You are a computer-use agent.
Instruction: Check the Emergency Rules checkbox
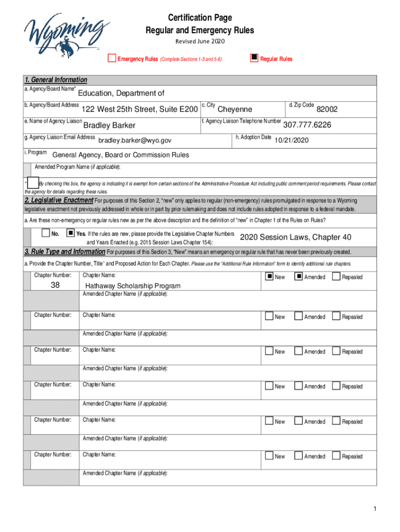click(x=111, y=58)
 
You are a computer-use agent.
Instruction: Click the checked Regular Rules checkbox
click(x=254, y=58)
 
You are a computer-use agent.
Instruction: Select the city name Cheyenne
click(x=234, y=109)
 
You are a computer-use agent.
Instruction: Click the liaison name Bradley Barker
click(x=109, y=125)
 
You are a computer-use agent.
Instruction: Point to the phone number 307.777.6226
click(x=307, y=125)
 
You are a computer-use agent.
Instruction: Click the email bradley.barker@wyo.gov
click(x=135, y=140)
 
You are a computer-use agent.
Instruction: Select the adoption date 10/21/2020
click(x=291, y=140)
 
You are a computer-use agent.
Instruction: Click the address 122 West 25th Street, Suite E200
click(x=139, y=109)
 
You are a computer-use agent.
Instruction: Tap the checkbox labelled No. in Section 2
click(x=46, y=233)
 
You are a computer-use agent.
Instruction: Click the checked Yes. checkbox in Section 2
click(x=71, y=233)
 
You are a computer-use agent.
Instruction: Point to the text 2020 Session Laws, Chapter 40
click(x=295, y=237)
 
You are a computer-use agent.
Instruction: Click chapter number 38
click(x=55, y=285)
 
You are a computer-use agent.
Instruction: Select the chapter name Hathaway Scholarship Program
click(x=132, y=286)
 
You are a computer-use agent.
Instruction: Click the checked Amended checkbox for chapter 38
click(x=298, y=276)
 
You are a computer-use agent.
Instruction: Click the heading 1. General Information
click(x=56, y=80)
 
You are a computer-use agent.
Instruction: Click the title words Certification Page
click(x=200, y=19)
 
